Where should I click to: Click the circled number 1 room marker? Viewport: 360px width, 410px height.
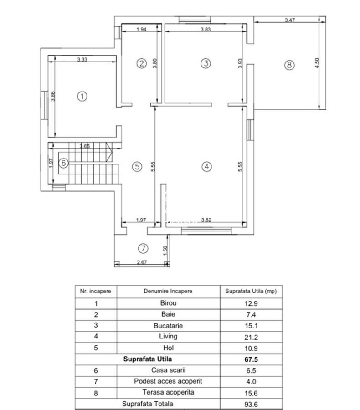coord(82,96)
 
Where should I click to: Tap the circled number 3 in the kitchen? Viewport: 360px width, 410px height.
coord(206,63)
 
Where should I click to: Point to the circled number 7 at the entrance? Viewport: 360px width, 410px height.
coord(143,248)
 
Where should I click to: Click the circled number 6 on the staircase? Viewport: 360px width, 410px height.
coord(64,162)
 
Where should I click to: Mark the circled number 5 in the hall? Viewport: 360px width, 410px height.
coord(136,167)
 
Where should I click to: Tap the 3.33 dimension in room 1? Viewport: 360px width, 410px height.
coord(82,59)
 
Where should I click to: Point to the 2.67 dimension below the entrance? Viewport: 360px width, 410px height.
coord(142,262)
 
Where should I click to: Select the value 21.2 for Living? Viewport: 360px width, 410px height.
coord(251,337)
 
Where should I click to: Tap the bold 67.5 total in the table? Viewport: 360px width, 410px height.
coord(251,359)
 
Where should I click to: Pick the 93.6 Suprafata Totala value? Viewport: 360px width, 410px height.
coord(251,404)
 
